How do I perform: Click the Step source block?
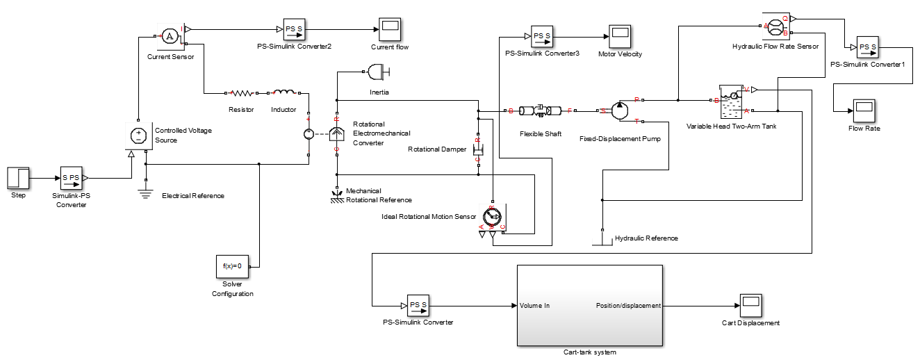(18, 178)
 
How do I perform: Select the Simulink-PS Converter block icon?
(72, 178)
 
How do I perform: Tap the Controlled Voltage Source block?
(138, 135)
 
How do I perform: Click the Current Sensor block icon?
(170, 36)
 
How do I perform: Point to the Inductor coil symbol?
(284, 92)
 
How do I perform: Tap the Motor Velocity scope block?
(619, 35)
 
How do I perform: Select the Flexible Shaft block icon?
(540, 111)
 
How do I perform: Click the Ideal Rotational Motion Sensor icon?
(493, 218)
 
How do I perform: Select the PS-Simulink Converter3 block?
(541, 35)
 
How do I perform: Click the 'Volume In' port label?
(534, 305)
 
